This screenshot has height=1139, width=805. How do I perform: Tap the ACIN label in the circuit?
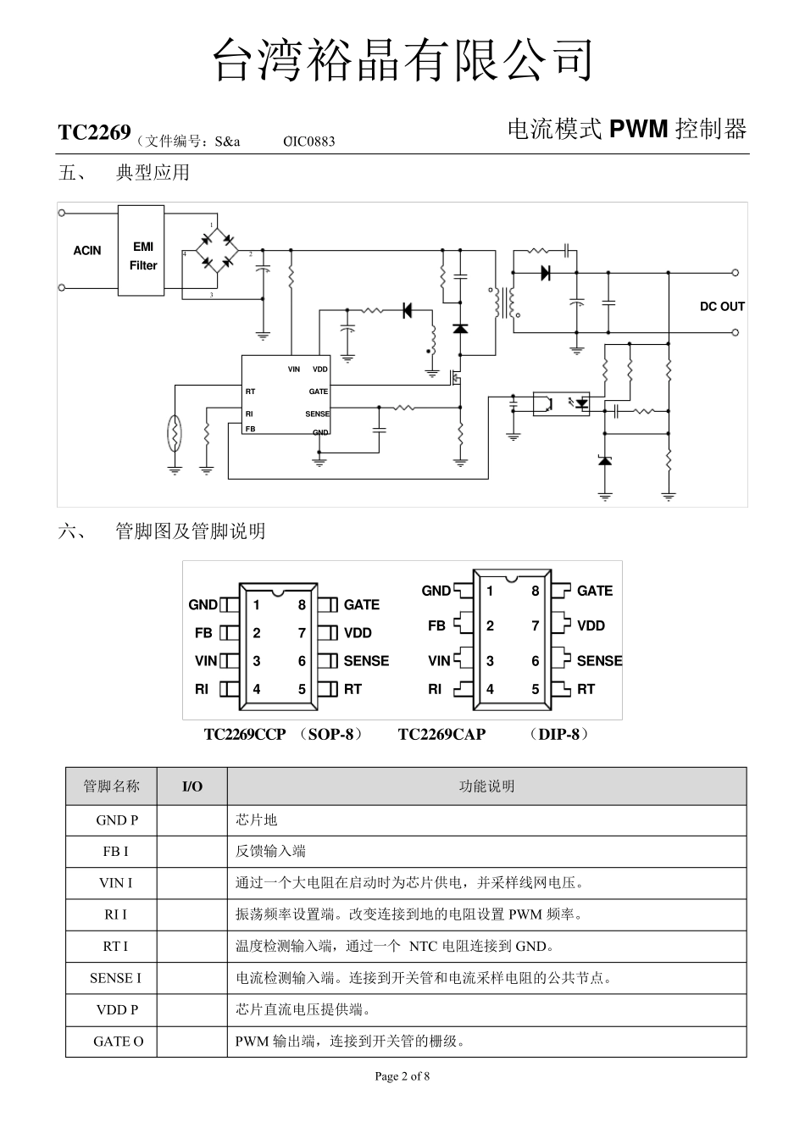86,251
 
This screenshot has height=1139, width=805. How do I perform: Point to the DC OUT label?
721,307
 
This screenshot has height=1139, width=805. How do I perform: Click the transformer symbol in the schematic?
506,303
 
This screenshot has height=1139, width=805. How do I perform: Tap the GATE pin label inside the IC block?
318,392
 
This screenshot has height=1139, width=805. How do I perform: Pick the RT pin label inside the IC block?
251,392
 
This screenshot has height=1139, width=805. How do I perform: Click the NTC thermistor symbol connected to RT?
175,433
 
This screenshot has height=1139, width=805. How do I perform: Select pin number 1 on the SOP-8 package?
256,605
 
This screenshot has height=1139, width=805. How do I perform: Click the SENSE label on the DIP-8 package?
598,661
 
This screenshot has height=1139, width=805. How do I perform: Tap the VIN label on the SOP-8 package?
206,661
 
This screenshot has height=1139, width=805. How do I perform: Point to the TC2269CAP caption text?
441,735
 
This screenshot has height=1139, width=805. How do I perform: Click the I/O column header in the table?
192,786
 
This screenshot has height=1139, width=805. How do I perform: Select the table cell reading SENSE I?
115,978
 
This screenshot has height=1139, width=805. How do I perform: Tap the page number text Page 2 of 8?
402,1076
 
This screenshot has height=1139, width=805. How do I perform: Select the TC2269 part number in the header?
94,132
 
